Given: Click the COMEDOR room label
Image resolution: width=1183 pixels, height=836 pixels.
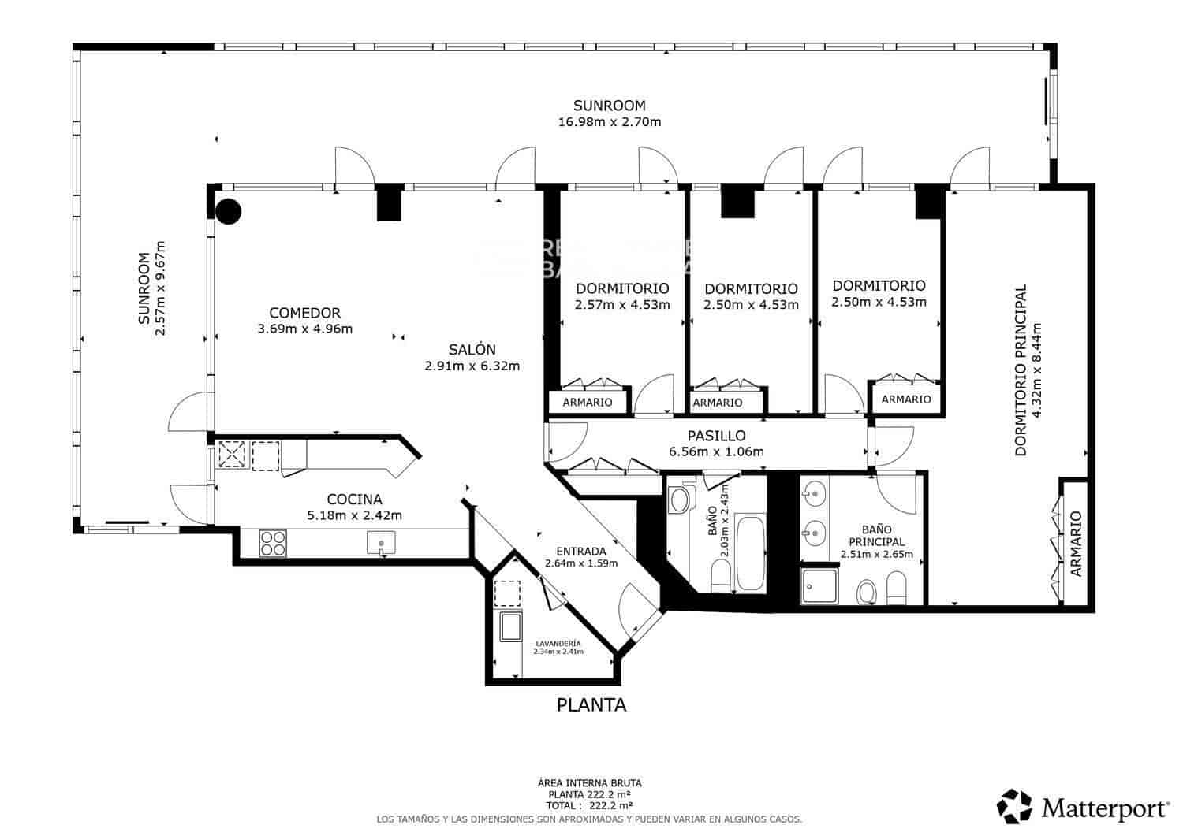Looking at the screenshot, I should (304, 313).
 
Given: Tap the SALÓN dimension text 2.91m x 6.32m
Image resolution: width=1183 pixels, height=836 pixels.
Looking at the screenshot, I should (472, 366).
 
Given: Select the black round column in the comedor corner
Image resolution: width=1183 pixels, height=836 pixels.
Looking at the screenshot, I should (229, 211).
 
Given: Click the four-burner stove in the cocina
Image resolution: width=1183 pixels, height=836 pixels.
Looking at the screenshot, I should (273, 544).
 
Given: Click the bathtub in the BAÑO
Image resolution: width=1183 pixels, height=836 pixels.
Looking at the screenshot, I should (749, 553).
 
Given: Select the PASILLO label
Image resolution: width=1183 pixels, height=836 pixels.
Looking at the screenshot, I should (716, 436).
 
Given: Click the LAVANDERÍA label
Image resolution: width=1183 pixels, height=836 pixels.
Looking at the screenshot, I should (558, 643).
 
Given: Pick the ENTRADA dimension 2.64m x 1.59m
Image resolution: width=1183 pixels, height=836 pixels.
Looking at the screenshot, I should (580, 563).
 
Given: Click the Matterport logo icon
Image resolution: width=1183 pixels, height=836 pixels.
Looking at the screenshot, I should (1014, 806).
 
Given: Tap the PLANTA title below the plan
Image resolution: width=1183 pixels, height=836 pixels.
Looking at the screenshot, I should (591, 705).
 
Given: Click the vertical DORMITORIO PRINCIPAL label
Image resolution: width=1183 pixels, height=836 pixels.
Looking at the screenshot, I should (1021, 370).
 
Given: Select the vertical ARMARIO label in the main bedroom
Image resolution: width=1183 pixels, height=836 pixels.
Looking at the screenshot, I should (1077, 544).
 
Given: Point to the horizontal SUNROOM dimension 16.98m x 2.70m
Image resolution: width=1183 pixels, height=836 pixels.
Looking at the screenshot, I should (609, 122).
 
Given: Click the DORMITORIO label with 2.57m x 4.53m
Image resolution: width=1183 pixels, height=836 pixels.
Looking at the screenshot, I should (622, 288).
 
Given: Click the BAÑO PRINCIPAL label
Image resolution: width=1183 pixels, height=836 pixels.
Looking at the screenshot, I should (876, 536).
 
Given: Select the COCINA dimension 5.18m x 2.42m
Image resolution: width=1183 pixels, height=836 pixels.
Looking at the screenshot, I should (354, 516).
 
